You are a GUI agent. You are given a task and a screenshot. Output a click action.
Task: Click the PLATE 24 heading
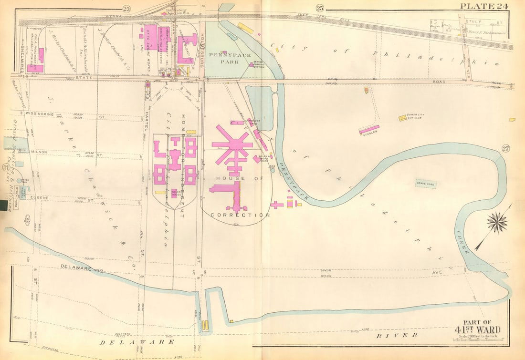483,6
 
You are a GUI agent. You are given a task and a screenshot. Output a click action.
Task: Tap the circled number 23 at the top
126,8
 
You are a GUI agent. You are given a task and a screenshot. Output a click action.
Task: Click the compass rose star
498,223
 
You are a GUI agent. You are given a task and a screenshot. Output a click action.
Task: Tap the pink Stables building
369,129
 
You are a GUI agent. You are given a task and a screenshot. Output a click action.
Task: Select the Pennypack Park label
223,58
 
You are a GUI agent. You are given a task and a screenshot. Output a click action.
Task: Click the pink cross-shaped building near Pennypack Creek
277,205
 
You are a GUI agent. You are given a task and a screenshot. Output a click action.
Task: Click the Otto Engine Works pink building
151,35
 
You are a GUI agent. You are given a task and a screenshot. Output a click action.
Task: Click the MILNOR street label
39,152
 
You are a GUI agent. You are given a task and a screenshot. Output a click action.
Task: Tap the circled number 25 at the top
319,8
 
